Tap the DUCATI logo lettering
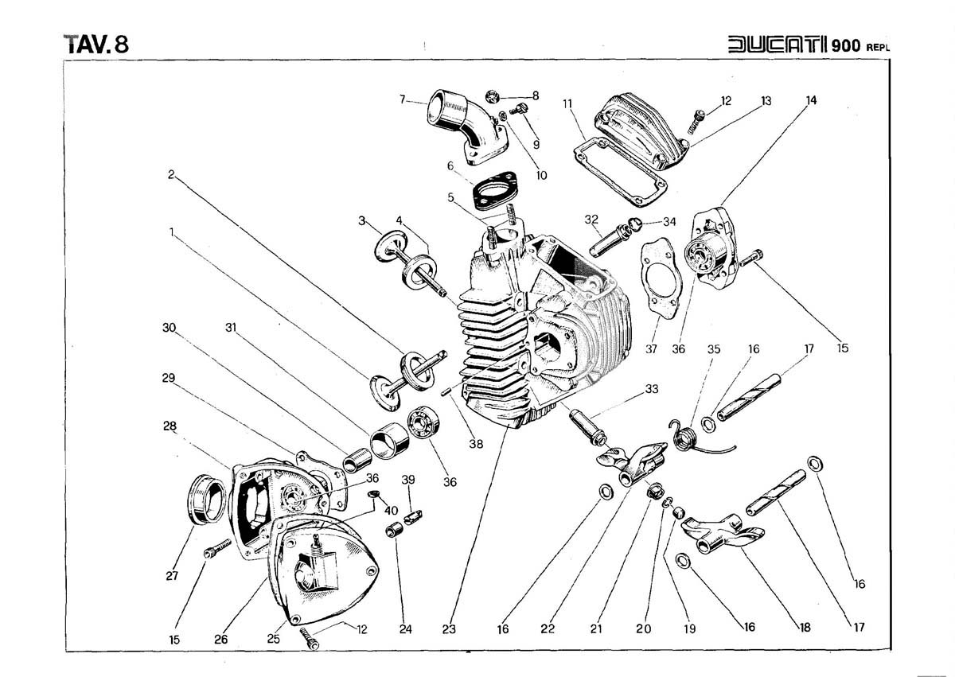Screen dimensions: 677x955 [x=778, y=45]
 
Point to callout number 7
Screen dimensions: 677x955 [x=403, y=100]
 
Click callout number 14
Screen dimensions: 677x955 [x=811, y=101]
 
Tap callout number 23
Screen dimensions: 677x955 [x=449, y=628]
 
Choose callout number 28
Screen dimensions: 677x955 [x=170, y=426]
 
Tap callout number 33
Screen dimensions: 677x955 [x=652, y=388]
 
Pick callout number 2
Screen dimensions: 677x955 [x=170, y=174]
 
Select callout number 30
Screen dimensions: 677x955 [x=168, y=328]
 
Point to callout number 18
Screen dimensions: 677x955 [x=805, y=627]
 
